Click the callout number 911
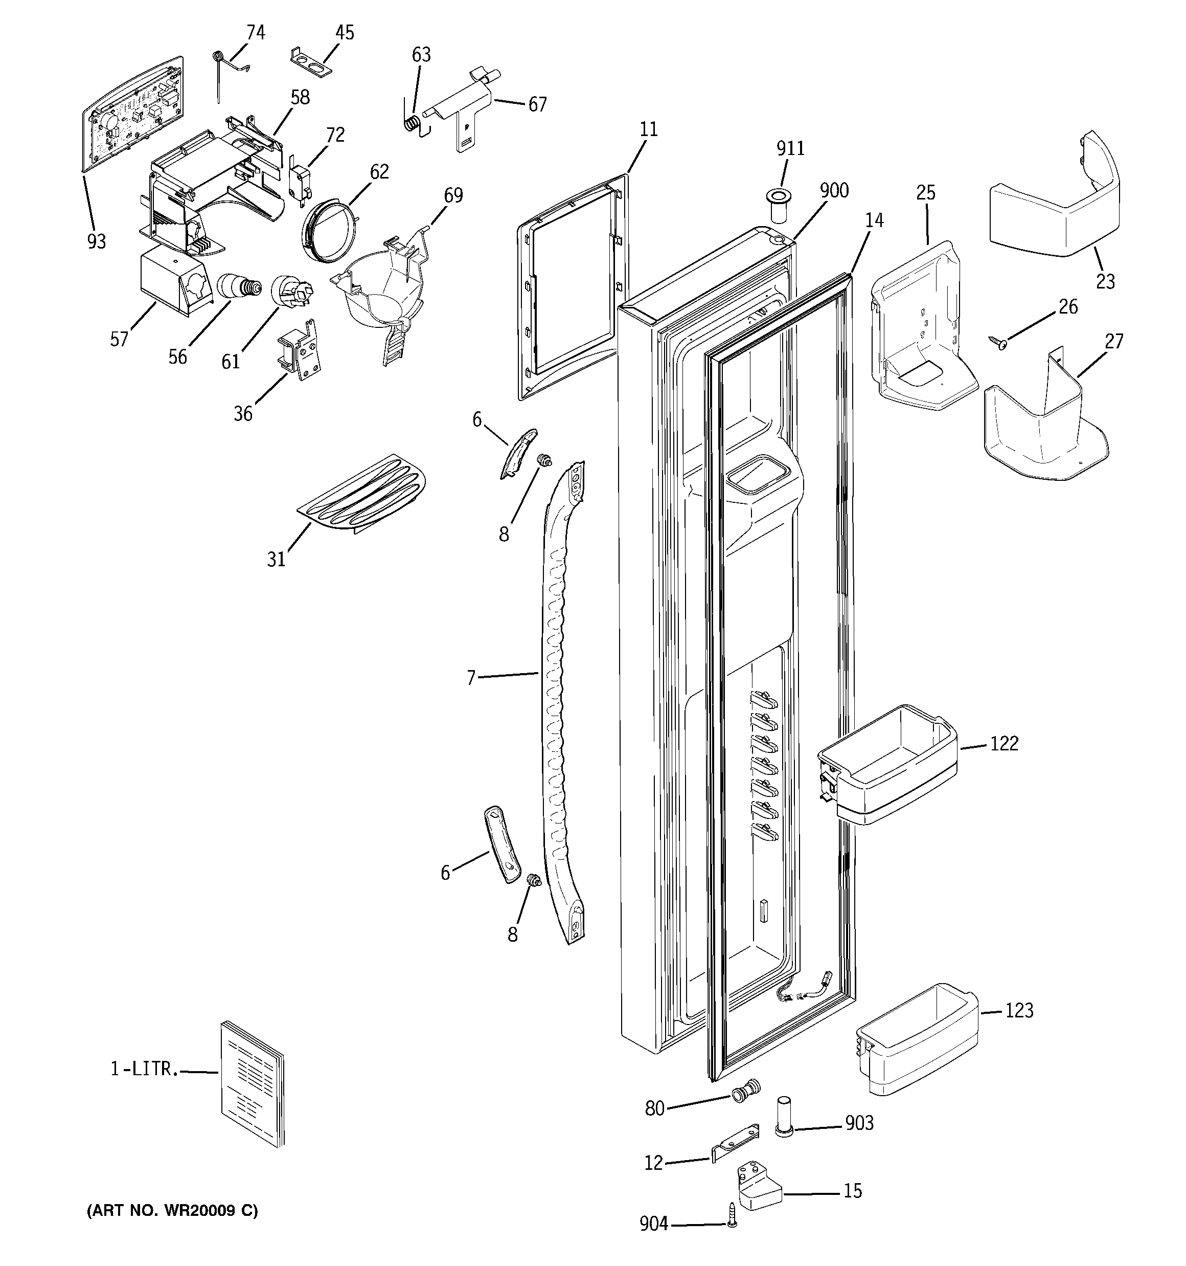(x=790, y=148)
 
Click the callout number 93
(x=97, y=241)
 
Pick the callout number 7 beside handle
(x=471, y=678)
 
